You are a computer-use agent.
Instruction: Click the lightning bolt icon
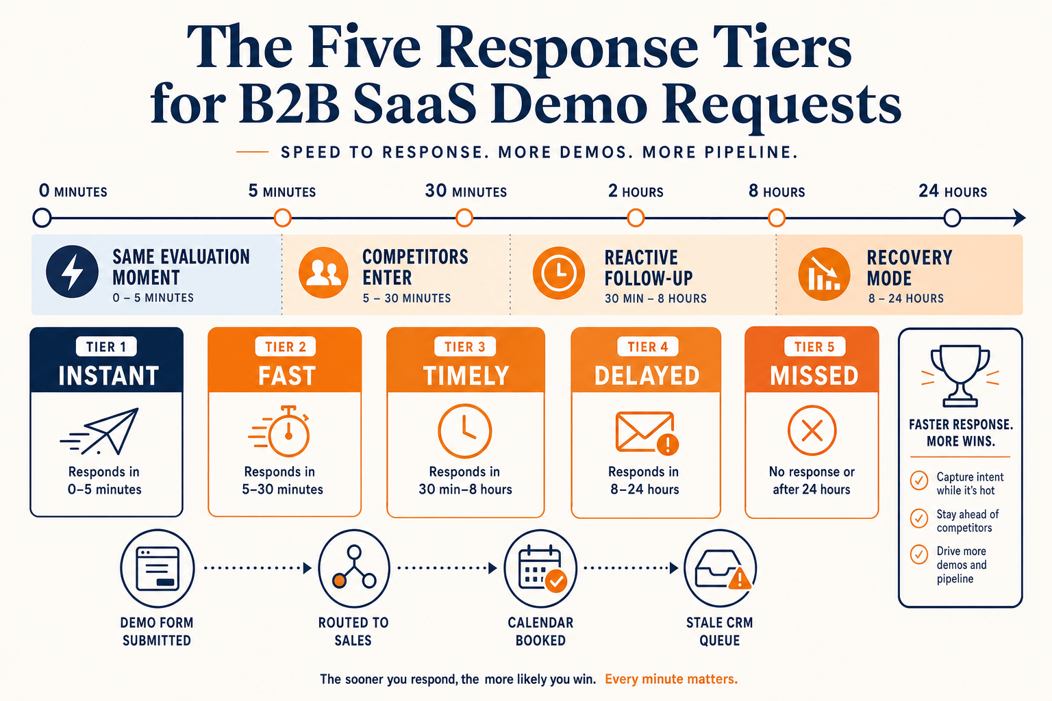click(x=72, y=271)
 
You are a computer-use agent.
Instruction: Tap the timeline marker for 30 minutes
click(x=464, y=218)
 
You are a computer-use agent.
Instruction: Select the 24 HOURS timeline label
click(x=953, y=191)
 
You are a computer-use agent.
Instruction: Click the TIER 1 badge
click(x=106, y=346)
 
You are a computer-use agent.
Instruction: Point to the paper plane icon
click(x=100, y=431)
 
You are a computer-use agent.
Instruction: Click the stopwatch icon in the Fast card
click(x=280, y=431)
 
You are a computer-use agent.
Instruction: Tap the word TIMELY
click(x=466, y=376)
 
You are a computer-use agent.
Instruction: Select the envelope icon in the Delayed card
click(x=647, y=433)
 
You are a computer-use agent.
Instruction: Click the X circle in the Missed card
click(x=812, y=430)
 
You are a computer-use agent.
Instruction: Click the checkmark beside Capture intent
click(x=919, y=481)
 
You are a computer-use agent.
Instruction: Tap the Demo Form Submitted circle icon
click(x=158, y=568)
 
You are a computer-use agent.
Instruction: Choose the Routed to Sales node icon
click(x=354, y=568)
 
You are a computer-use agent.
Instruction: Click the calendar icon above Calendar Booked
click(x=540, y=568)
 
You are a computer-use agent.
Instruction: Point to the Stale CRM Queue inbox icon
click(x=720, y=568)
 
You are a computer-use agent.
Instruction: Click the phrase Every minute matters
click(x=671, y=679)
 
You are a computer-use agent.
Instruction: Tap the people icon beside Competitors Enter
click(x=323, y=272)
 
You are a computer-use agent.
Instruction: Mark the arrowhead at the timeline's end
click(x=1020, y=218)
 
